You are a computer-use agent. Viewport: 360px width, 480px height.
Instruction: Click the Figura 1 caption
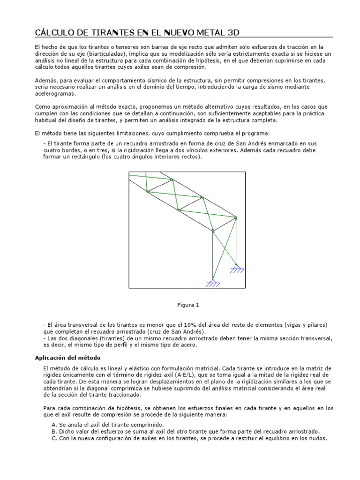[x=188, y=305]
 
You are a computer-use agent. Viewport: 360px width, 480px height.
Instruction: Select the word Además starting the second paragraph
[x=45, y=81]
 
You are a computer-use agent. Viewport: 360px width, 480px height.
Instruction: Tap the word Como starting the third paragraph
[x=43, y=107]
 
